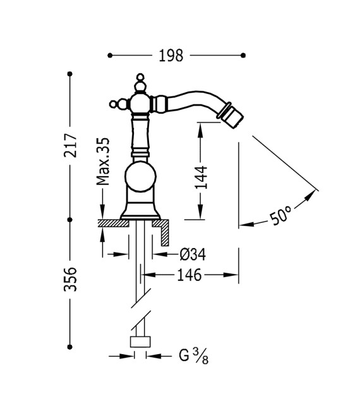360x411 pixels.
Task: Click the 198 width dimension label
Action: tap(171, 56)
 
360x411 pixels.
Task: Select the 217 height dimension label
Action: tap(70, 145)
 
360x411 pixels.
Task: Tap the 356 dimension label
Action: tap(70, 279)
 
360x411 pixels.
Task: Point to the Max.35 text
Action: tap(103, 161)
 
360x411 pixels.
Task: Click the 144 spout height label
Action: tap(201, 177)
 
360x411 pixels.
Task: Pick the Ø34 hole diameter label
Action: tap(193, 254)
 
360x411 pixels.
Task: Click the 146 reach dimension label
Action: tap(189, 275)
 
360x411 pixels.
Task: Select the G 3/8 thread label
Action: tap(193, 355)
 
